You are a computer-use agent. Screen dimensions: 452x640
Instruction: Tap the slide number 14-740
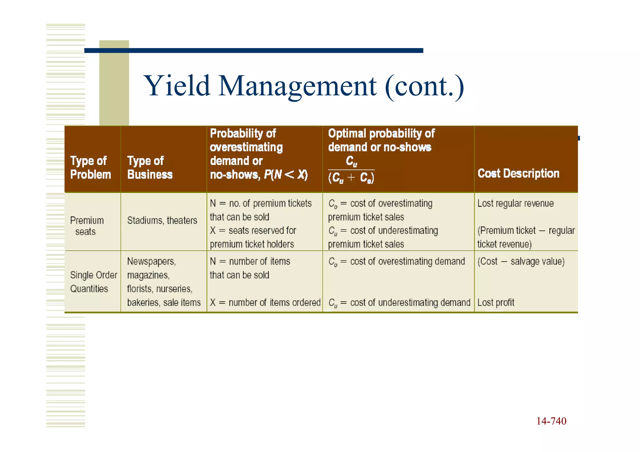coord(551,421)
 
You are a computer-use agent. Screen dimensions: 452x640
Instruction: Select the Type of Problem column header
coord(90,168)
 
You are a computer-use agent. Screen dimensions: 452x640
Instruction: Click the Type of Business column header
coord(150,168)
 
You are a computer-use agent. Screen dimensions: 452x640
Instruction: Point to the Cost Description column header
coord(518,173)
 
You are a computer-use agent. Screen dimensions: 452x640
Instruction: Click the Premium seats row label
coord(87,226)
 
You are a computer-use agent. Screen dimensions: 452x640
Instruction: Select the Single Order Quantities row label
coord(93,282)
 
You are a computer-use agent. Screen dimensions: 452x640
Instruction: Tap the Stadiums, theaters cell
coord(162,221)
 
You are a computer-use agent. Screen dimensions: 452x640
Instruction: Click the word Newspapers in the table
coord(152,261)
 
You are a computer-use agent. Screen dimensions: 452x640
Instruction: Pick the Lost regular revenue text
coord(515,203)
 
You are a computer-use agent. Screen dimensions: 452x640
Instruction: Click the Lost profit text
coord(496,302)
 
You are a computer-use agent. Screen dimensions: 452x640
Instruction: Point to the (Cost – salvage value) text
coord(521,261)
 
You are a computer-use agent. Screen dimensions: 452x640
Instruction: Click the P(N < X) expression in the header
coord(286,175)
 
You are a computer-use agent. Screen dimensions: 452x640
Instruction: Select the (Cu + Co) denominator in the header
coord(351,178)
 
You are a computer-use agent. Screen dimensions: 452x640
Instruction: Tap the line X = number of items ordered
coord(265,302)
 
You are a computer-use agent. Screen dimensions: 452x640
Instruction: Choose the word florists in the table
coord(140,289)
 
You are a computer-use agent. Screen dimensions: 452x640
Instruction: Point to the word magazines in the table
coord(148,275)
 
